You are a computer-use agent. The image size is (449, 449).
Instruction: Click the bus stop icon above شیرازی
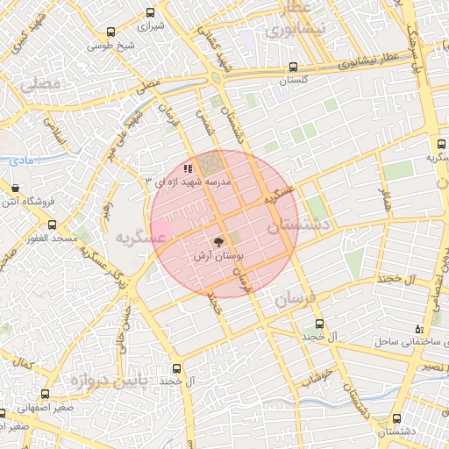[x=151, y=12]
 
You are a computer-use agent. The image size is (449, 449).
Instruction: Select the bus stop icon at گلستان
[x=294, y=66]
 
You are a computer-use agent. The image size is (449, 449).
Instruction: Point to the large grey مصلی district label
[x=44, y=85]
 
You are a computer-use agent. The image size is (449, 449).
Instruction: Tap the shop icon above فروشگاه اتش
[x=16, y=188]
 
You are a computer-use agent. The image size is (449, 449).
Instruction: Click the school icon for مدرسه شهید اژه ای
[x=187, y=168]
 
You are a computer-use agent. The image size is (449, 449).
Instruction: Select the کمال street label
[x=24, y=361]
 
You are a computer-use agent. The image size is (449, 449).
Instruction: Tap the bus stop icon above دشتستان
[x=399, y=418]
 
